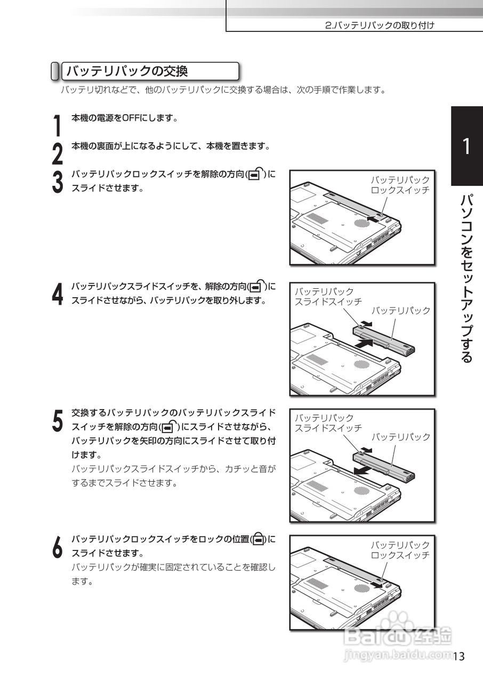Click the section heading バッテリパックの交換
coord(127,71)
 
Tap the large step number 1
coord(57,125)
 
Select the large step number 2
coord(58,154)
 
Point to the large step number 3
coord(58,182)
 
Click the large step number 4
coord(58,294)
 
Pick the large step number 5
coord(58,420)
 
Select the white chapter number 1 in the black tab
coord(466,147)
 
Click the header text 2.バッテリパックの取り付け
coord(380,25)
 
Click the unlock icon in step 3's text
coord(256,174)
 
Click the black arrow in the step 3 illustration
coord(373,218)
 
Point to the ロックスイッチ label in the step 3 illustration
coord(400,190)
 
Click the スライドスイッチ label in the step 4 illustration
coord(328,302)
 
